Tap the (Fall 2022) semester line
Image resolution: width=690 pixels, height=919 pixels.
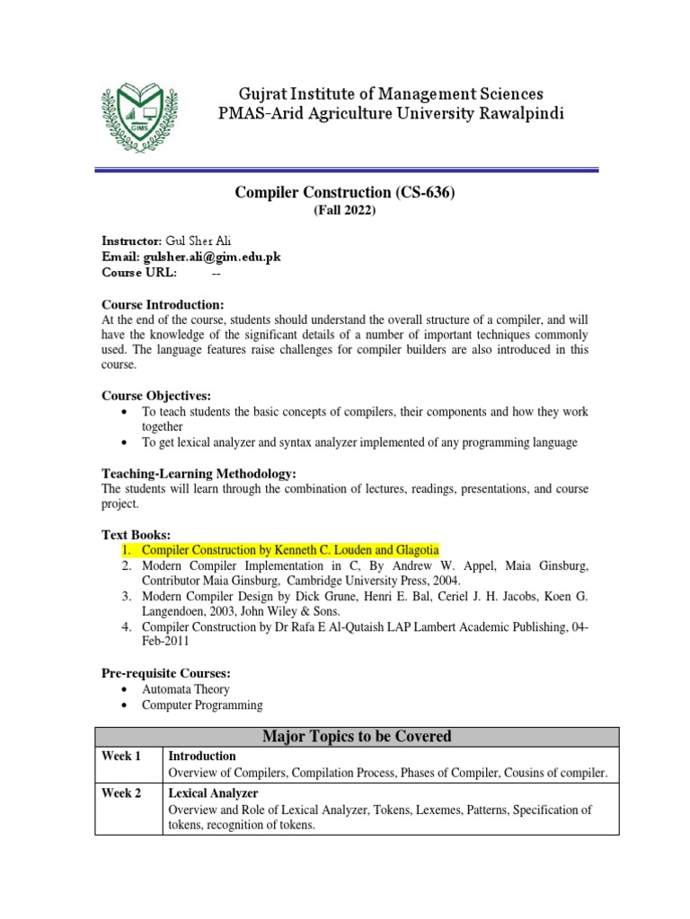(345, 211)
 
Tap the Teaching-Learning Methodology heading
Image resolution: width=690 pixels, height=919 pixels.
(199, 473)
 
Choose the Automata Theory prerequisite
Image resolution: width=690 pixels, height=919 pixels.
(185, 689)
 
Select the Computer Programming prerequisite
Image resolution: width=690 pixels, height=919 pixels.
(202, 705)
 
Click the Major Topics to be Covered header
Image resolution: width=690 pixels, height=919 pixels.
(357, 737)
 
